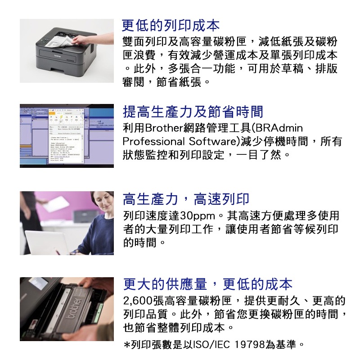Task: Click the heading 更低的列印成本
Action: (171, 26)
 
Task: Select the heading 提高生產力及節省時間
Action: (193, 112)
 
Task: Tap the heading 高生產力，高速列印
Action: (186, 199)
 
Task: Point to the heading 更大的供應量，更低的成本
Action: (207, 284)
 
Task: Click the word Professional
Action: (153, 141)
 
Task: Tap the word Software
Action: (212, 141)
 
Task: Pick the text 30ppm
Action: (198, 216)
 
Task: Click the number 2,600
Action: (138, 301)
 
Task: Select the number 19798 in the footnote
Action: (250, 345)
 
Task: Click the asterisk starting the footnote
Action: (127, 345)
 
